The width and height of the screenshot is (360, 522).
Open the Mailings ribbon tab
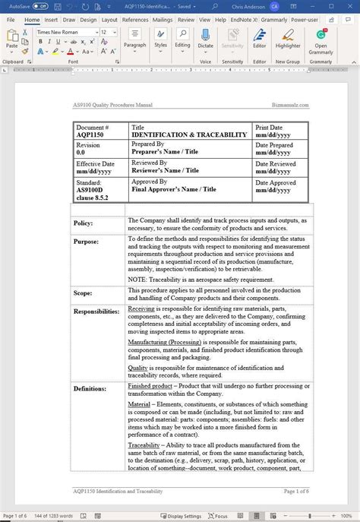pos(163,20)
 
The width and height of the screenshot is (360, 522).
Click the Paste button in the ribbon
pos(12,40)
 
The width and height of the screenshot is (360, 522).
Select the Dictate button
pos(205,40)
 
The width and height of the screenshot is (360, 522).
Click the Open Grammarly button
pos(321,40)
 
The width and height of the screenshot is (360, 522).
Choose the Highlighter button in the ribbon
pos(288,40)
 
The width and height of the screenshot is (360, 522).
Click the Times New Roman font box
pos(66,33)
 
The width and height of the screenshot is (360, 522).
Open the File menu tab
pos(11,20)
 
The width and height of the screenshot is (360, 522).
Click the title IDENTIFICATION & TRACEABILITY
pos(189,134)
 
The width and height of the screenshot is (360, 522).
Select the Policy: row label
pos(83,223)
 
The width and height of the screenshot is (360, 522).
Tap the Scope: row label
pos(83,293)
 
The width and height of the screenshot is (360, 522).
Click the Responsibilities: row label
pos(96,312)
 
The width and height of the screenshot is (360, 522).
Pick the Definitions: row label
pos(90,388)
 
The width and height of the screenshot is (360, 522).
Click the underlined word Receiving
pos(141,309)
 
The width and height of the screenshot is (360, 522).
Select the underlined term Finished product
pos(150,386)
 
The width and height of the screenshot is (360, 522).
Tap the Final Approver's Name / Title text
pos(174,189)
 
